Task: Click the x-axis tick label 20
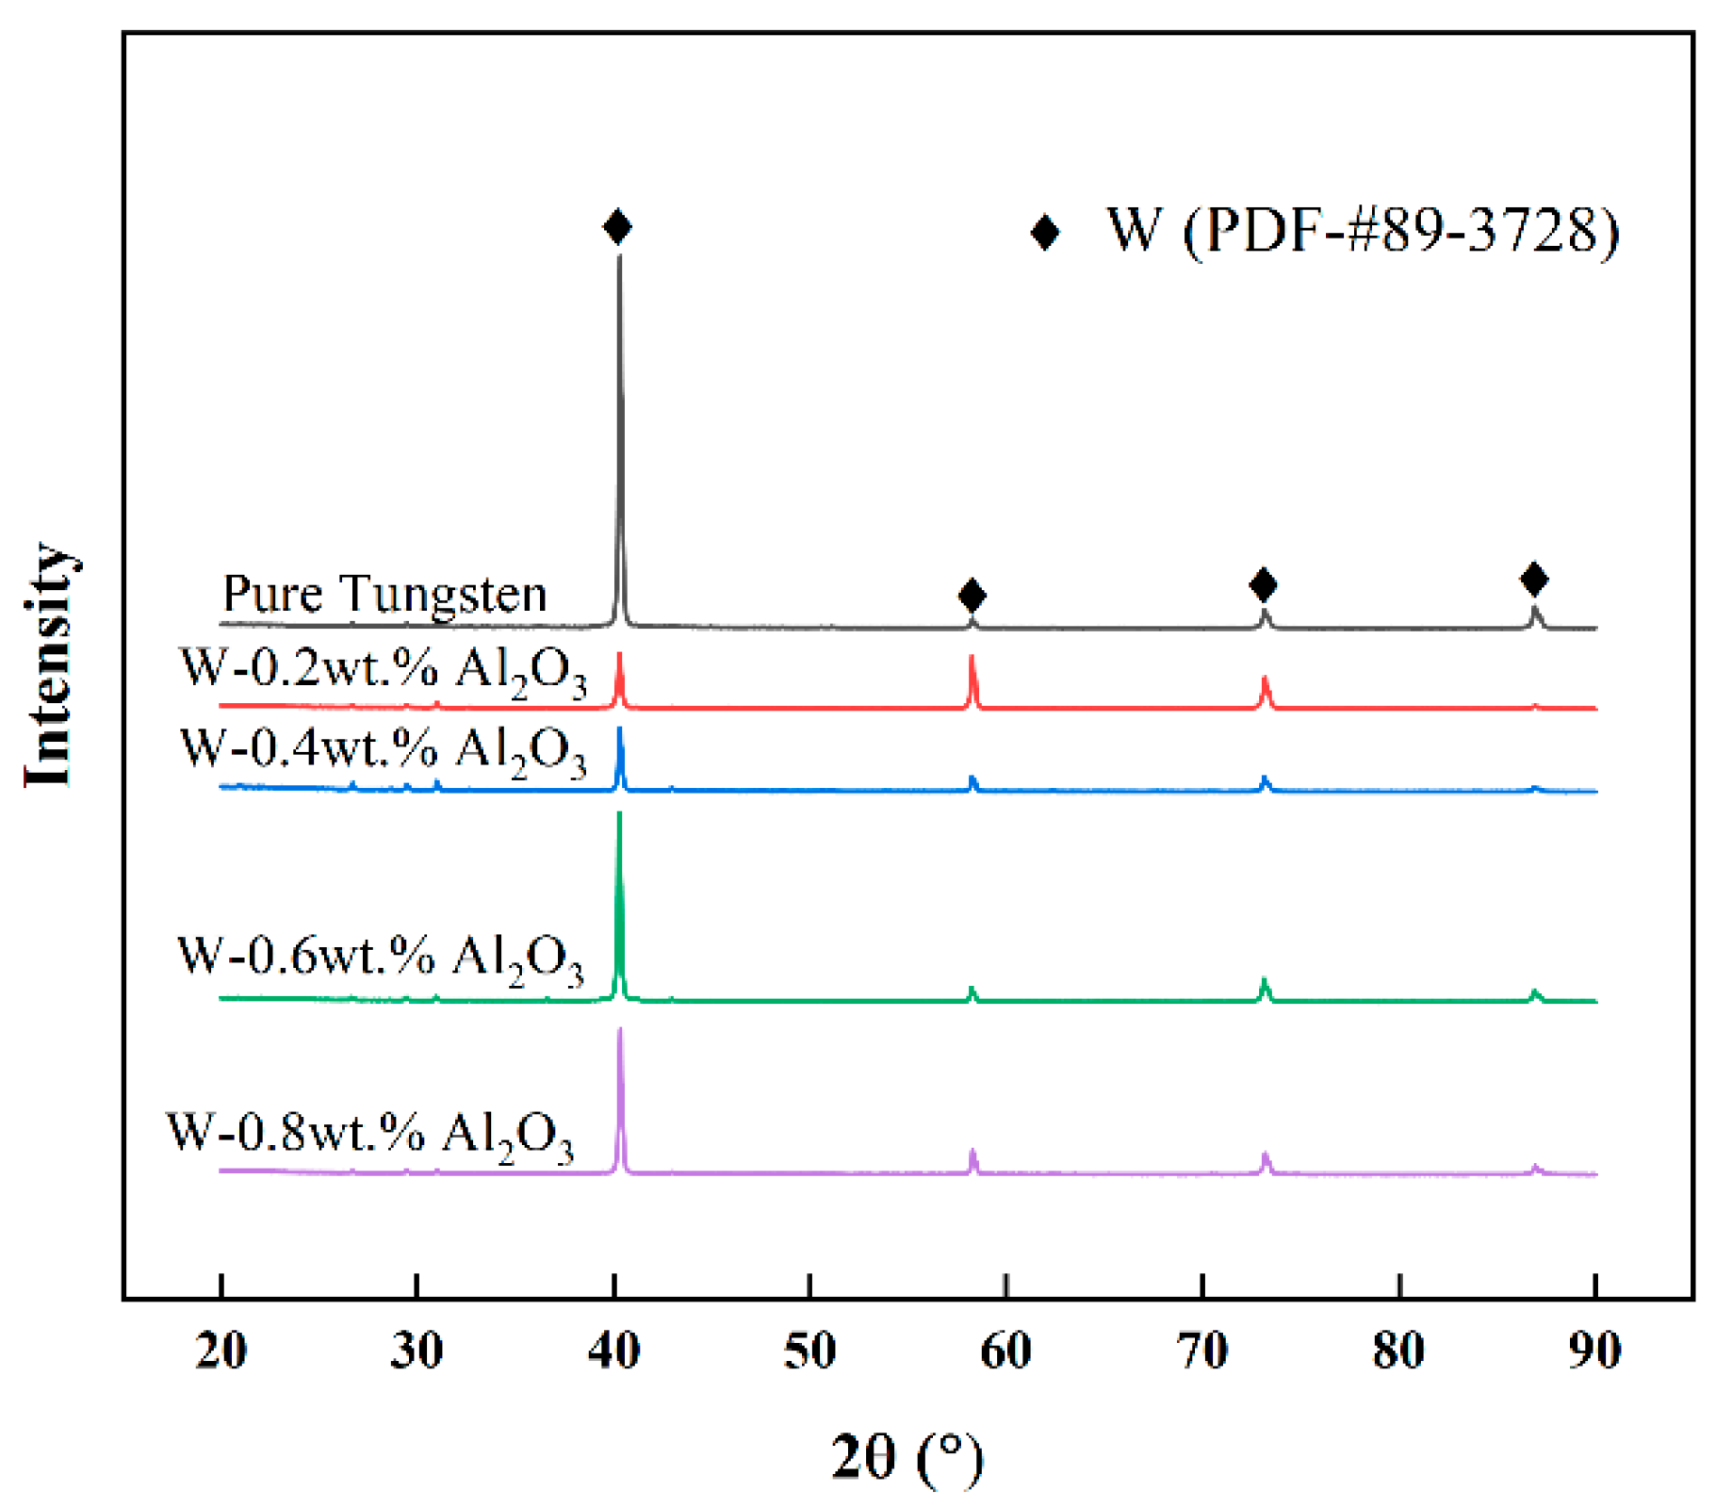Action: coord(221,1351)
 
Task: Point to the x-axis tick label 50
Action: coord(809,1351)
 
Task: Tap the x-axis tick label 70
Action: coord(1202,1351)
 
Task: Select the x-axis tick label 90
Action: coord(1594,1351)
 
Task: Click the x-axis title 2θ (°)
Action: coord(907,1457)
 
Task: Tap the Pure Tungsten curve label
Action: coord(384,594)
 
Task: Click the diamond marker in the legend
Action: coord(1044,232)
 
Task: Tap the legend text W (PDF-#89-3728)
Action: coord(1363,230)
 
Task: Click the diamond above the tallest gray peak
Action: coord(617,226)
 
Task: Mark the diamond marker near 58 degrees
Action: coord(972,595)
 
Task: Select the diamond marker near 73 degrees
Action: coord(1263,584)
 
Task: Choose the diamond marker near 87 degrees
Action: coord(1534,579)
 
